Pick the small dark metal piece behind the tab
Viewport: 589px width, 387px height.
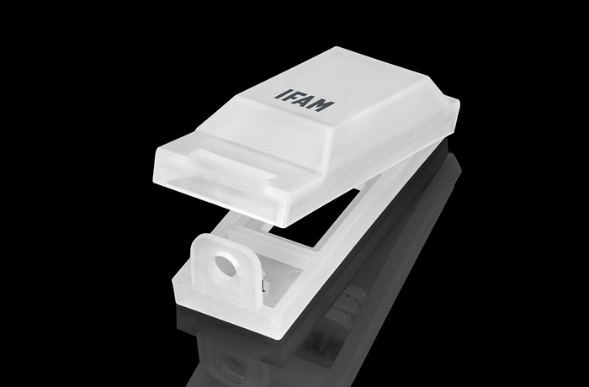click(x=263, y=285)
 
